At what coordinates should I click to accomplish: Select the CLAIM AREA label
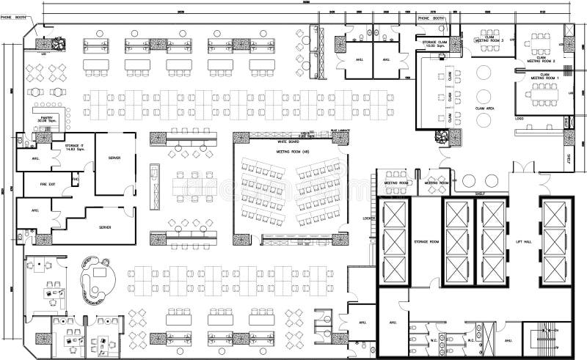486,108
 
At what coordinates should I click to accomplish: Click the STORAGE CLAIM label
434,44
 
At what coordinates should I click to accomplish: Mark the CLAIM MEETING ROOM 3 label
487,40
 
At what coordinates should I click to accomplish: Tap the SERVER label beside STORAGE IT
114,158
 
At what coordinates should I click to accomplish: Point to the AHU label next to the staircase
508,340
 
